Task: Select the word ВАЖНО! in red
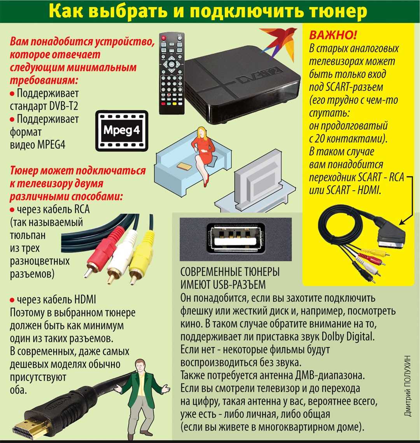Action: [332, 36]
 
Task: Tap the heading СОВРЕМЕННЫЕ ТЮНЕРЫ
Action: [230, 272]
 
